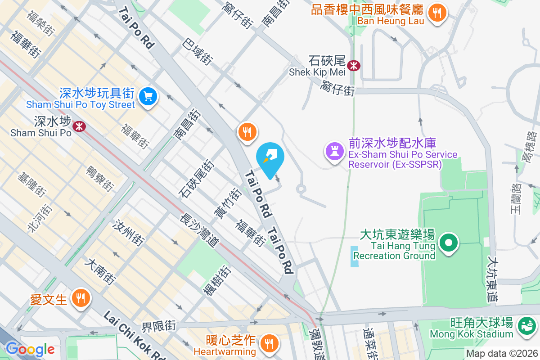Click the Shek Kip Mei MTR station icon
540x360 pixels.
[355, 65]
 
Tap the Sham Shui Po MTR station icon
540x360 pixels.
[79, 126]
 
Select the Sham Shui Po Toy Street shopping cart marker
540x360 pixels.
[147, 97]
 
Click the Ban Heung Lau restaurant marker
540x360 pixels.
[436, 12]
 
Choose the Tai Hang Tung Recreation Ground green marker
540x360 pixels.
[448, 243]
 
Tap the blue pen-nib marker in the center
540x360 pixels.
[270, 157]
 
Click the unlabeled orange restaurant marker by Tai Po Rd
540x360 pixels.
[247, 132]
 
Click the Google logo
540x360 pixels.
[30, 349]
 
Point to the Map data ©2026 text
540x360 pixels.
[501, 354]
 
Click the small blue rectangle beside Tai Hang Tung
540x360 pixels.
[355, 256]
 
